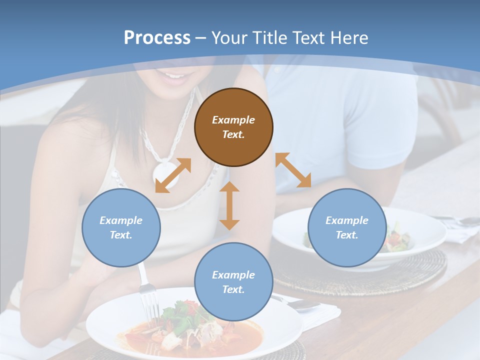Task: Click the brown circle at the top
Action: click(x=233, y=127)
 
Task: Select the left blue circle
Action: click(x=121, y=227)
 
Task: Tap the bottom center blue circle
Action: click(x=233, y=282)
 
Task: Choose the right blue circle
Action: click(x=347, y=227)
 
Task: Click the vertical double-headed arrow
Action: click(x=229, y=205)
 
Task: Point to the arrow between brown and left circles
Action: click(x=173, y=175)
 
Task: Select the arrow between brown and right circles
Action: click(x=293, y=170)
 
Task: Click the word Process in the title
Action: click(x=157, y=37)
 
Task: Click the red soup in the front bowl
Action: click(x=235, y=340)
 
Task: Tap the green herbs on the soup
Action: click(x=177, y=315)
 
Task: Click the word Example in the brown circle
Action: click(x=233, y=120)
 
